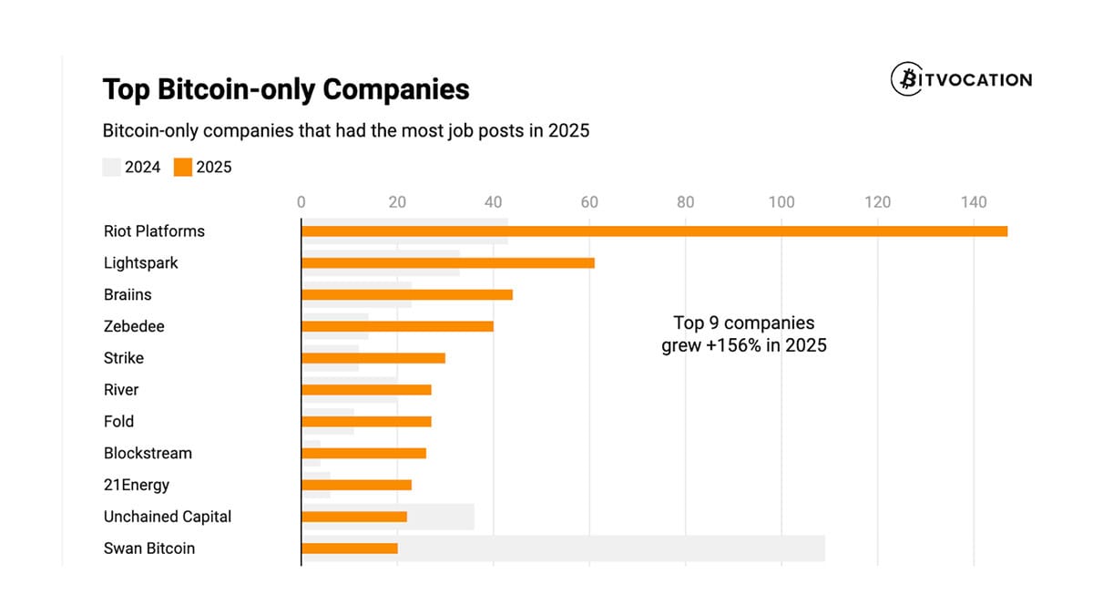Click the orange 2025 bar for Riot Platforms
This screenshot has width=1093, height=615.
(x=654, y=231)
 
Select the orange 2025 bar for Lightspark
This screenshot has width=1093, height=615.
(x=447, y=263)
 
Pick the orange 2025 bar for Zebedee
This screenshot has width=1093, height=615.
(x=397, y=326)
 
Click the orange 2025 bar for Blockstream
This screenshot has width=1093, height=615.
(x=363, y=453)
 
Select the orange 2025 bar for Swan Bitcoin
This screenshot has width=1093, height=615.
(x=349, y=548)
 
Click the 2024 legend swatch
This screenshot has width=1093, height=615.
(x=111, y=167)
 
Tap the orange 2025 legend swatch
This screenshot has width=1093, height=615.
(x=183, y=167)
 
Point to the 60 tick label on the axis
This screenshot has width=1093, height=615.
(x=589, y=202)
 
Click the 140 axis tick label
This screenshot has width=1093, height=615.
(x=974, y=202)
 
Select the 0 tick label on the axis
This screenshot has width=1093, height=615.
(x=301, y=202)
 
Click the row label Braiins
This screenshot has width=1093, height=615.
(x=128, y=295)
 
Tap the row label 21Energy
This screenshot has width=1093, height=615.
(x=137, y=485)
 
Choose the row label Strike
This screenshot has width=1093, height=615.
(x=124, y=358)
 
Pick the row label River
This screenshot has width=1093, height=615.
(x=121, y=390)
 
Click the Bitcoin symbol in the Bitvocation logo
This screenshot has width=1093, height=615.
(x=906, y=79)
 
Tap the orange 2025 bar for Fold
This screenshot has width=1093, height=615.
(x=366, y=422)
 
